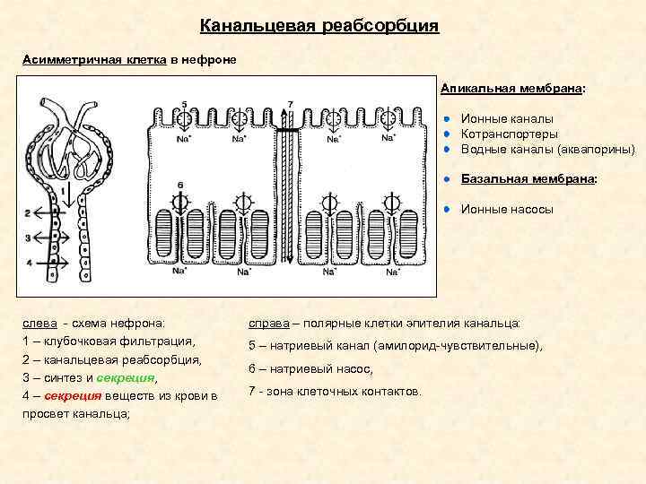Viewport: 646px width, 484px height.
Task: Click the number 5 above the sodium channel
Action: [184, 104]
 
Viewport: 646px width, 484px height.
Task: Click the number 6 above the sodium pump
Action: [179, 186]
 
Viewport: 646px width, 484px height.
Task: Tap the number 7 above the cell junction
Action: [290, 104]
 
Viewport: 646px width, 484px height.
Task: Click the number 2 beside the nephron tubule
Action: [28, 213]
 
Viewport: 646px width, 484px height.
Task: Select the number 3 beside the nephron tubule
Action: [28, 238]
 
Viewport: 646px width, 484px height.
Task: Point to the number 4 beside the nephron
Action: [28, 263]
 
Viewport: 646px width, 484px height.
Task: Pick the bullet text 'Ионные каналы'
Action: [507, 118]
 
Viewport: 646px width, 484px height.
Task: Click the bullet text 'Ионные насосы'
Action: [507, 209]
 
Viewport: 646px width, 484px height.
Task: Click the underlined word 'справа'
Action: [266, 322]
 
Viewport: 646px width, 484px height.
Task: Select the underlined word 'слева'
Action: [40, 323]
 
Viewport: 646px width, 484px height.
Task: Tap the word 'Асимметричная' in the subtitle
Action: [66, 58]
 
